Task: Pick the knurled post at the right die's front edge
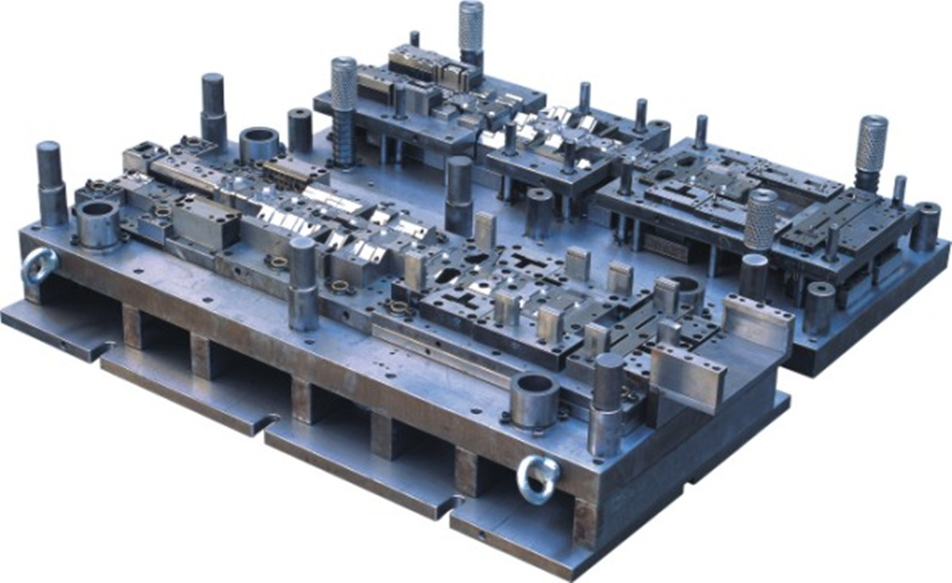click(x=761, y=218)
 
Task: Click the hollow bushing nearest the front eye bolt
click(x=534, y=400)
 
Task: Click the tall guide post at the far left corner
click(x=49, y=182)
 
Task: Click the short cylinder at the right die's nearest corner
click(x=819, y=305)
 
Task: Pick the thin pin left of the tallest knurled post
click(x=414, y=40)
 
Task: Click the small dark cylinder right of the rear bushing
click(x=300, y=130)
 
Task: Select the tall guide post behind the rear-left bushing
click(x=213, y=107)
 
